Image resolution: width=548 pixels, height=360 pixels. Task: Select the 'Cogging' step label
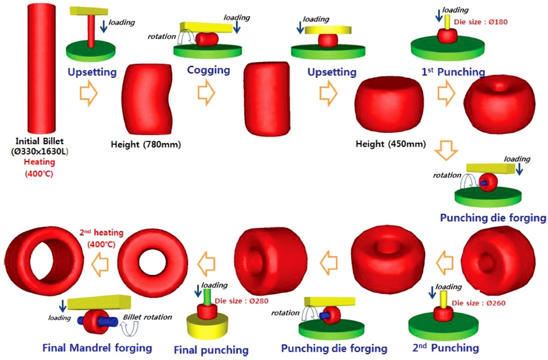point(209,70)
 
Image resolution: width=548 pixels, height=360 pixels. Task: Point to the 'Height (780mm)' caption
point(145,145)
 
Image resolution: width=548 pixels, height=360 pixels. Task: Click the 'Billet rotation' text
point(148,317)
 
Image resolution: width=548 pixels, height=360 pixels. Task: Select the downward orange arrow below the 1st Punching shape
point(448,151)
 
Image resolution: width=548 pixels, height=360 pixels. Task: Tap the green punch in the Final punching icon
point(207,296)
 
